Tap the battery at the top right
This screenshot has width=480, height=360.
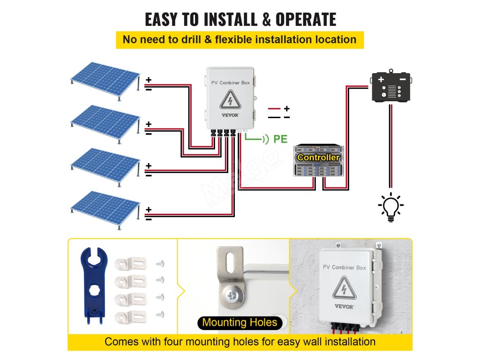click(x=391, y=86)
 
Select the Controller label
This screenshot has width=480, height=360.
click(x=318, y=157)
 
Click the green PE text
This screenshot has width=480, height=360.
click(x=280, y=139)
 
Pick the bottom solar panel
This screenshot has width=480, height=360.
click(x=105, y=207)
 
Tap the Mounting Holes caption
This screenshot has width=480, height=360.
click(x=240, y=322)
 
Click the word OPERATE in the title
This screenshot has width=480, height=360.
click(x=305, y=19)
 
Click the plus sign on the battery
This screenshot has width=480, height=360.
click(x=381, y=79)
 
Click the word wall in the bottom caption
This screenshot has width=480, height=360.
click(x=287, y=341)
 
